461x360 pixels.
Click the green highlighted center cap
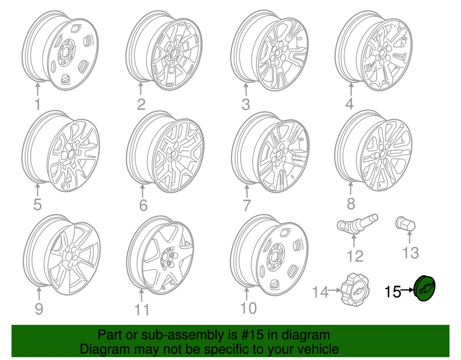tap(424, 288)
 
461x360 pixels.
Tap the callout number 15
tap(392, 292)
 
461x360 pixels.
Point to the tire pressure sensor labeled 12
tap(357, 224)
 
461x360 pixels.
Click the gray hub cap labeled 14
tap(355, 289)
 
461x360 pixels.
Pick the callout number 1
tap(38, 104)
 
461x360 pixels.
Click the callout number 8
tap(351, 204)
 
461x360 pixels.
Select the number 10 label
tap(248, 308)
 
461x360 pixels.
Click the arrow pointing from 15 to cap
tap(407, 290)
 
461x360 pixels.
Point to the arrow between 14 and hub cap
tap(334, 290)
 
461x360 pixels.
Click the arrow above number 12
tap(354, 241)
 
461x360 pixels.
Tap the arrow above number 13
tap(409, 237)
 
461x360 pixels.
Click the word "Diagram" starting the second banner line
tap(105, 349)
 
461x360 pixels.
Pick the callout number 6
tap(143, 205)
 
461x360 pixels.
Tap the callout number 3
tap(246, 104)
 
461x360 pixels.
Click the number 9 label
tap(39, 309)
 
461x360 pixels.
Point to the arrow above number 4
tap(351, 90)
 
